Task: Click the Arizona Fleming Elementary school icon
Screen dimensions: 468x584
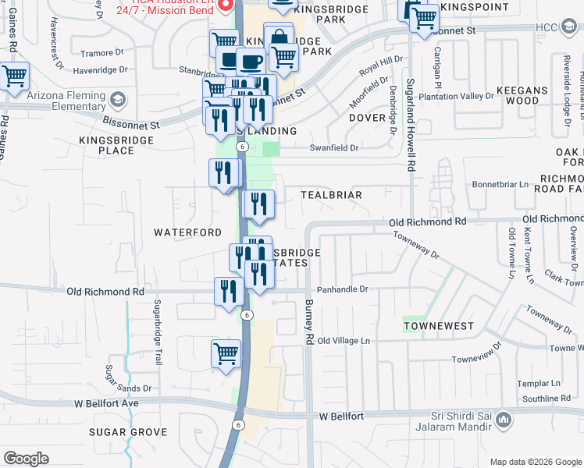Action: pos(118,99)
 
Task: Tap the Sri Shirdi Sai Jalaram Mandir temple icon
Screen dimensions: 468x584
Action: pos(504,421)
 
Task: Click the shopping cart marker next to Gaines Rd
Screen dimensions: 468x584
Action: pos(15,76)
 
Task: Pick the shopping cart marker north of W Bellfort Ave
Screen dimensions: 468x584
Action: pos(226,353)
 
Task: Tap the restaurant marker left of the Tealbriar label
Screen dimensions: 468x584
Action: pos(258,204)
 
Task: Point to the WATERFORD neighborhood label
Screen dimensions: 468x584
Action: pos(187,232)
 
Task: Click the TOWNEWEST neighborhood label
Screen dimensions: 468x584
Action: pos(439,324)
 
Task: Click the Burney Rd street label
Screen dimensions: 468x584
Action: pos(309,323)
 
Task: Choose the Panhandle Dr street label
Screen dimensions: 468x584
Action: pos(341,289)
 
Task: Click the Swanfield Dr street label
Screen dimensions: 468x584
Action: pos(333,147)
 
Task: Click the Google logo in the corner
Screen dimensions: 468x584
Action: pos(26,459)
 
